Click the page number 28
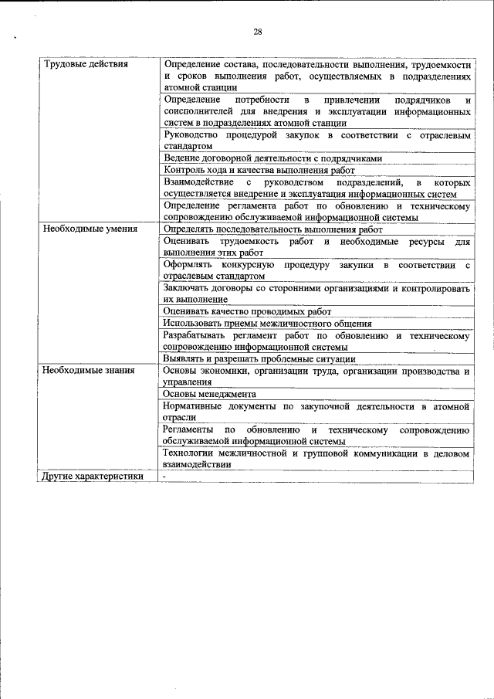tap(258, 32)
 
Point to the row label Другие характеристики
tap(93, 477)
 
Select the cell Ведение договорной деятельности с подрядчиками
tap(273, 158)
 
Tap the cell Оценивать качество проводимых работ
tap(247, 310)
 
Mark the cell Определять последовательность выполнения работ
tap(273, 229)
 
